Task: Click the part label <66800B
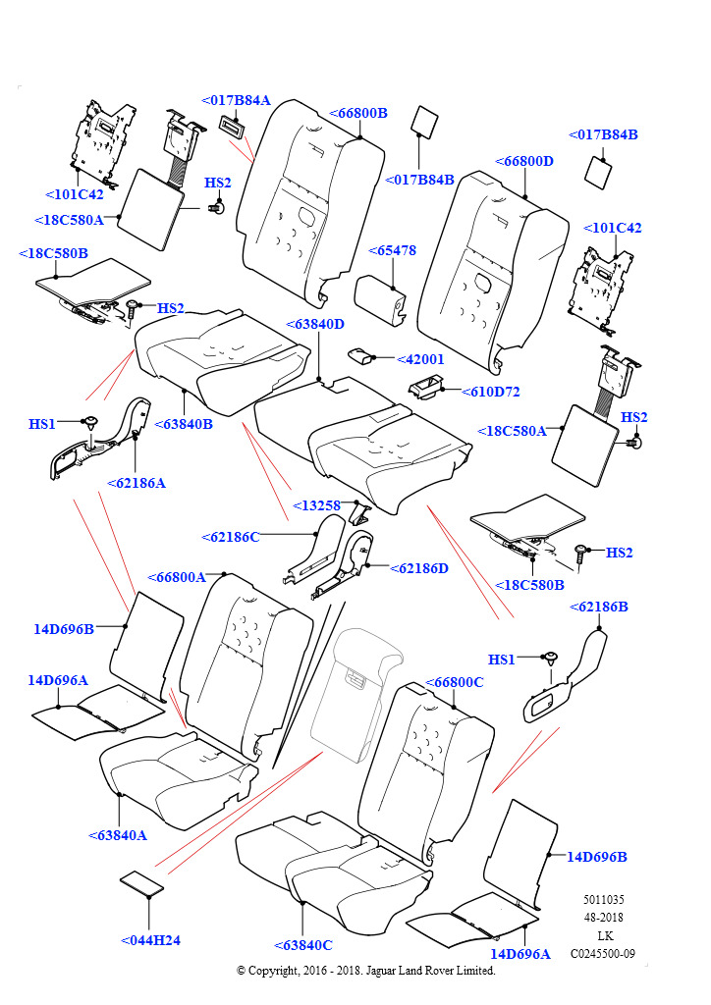tap(357, 113)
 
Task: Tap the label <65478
tap(393, 250)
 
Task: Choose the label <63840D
tap(315, 324)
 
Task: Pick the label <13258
tap(316, 505)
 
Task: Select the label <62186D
tap(419, 568)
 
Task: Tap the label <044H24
tap(150, 940)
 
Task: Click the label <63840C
tap(303, 945)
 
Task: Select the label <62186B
tap(598, 607)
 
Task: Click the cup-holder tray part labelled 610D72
tap(426, 389)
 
